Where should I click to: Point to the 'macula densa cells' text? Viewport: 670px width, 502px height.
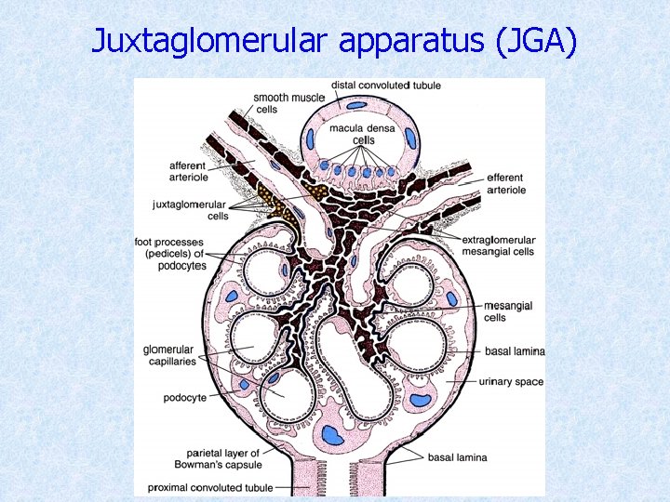coord(363,134)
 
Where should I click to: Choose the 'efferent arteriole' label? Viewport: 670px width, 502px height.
coord(505,183)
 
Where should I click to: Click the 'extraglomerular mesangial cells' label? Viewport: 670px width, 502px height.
coord(498,245)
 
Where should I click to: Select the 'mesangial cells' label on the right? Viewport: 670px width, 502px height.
coord(507,311)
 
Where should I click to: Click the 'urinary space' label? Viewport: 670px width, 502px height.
coord(511,381)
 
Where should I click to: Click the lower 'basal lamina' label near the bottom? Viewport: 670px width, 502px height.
coord(457,457)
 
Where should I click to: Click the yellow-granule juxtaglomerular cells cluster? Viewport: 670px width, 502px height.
coord(278,201)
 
